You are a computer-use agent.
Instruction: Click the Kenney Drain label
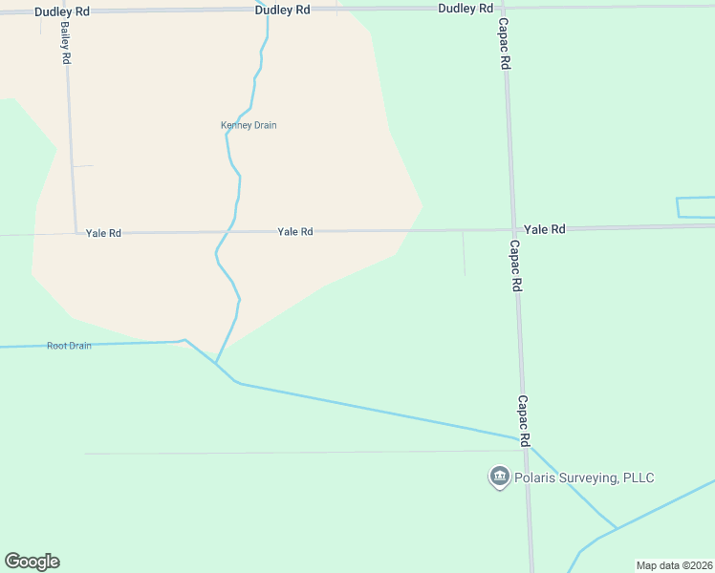pyautogui.click(x=249, y=125)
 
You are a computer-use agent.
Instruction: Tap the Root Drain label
pyautogui.click(x=69, y=346)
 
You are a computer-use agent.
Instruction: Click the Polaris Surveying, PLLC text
pyautogui.click(x=584, y=477)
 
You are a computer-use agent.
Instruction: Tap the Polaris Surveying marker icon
pyautogui.click(x=498, y=477)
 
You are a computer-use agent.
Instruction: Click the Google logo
pyautogui.click(x=32, y=562)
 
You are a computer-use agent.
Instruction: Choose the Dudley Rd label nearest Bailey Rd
pyautogui.click(x=61, y=11)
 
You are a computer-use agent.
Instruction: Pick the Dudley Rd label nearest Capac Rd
pyautogui.click(x=466, y=8)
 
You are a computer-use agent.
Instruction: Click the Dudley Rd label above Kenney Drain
pyautogui.click(x=282, y=9)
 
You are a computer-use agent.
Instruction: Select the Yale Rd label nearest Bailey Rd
pyautogui.click(x=103, y=233)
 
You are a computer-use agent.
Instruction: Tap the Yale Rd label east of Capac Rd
pyautogui.click(x=544, y=229)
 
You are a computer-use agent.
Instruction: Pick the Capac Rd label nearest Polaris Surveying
pyautogui.click(x=524, y=421)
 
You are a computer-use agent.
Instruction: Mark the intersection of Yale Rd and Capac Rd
pyautogui.click(x=513, y=229)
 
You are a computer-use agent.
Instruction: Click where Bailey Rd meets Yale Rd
pyautogui.click(x=76, y=232)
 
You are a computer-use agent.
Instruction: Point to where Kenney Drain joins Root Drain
pyautogui.click(x=216, y=364)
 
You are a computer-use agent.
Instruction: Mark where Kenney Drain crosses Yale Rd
pyautogui.click(x=230, y=231)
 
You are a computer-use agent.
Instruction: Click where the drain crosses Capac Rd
pyautogui.click(x=525, y=441)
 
